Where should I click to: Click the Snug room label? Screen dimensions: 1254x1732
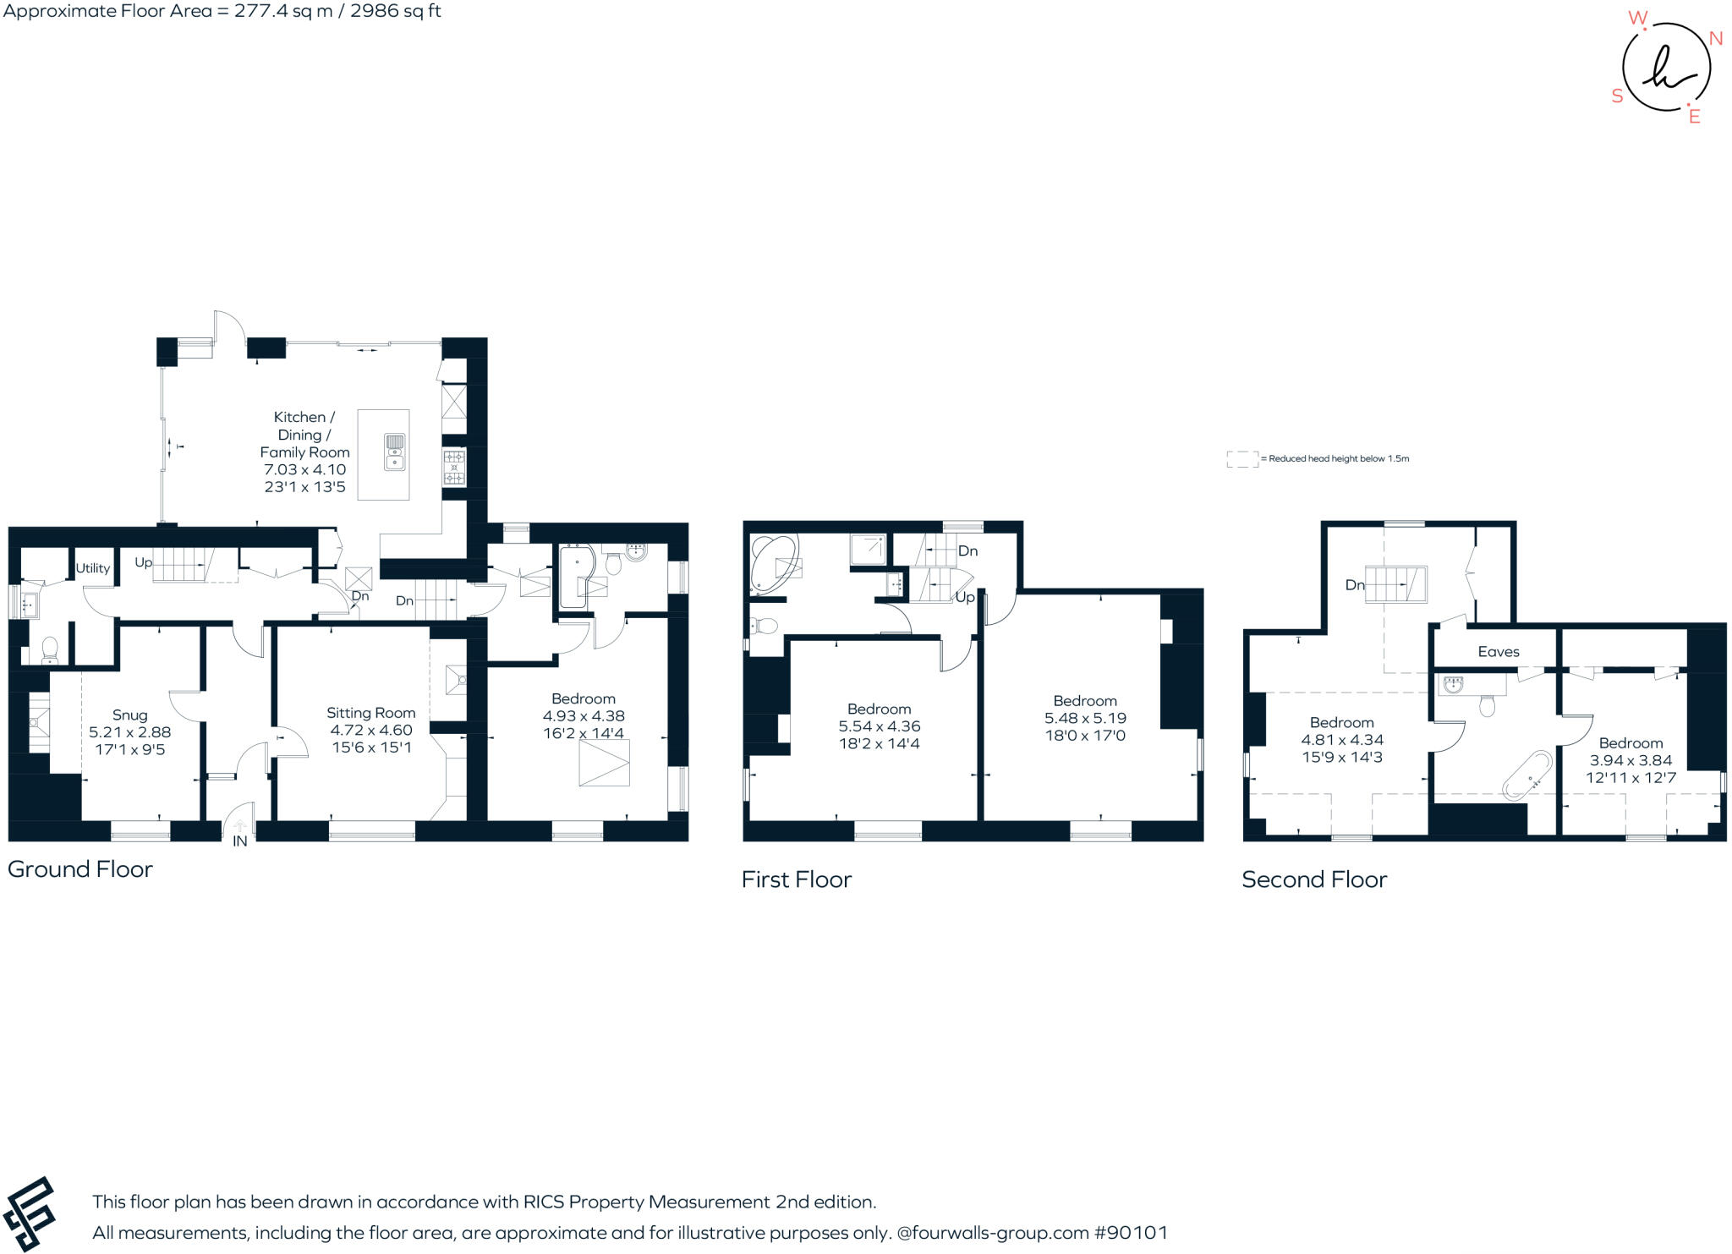coord(129,715)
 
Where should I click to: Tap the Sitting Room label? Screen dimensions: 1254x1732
coord(370,713)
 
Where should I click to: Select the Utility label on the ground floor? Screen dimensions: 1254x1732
coord(92,568)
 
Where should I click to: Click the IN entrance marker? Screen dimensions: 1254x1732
coord(240,841)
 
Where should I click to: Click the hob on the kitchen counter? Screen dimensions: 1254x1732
coord(454,468)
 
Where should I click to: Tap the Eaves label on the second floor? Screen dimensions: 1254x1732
coord(1498,651)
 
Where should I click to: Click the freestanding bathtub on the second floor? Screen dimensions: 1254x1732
coord(1526,775)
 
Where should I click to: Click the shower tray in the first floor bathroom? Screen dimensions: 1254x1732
coord(868,550)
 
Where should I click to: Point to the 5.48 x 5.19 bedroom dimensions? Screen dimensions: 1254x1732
coord(1085,718)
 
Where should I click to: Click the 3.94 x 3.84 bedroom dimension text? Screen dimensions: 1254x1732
coord(1631,760)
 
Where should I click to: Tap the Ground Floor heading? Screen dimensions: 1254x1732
coord(80,869)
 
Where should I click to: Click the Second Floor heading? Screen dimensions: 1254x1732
coord(1314,879)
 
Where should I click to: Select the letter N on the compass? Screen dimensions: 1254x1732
coord(1715,38)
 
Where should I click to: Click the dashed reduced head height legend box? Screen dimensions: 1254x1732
coord(1241,459)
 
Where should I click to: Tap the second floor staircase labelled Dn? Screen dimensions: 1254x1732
coord(1395,584)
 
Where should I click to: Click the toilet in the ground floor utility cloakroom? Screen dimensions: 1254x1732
coord(50,649)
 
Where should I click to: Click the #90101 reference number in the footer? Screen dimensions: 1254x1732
coord(1131,1233)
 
